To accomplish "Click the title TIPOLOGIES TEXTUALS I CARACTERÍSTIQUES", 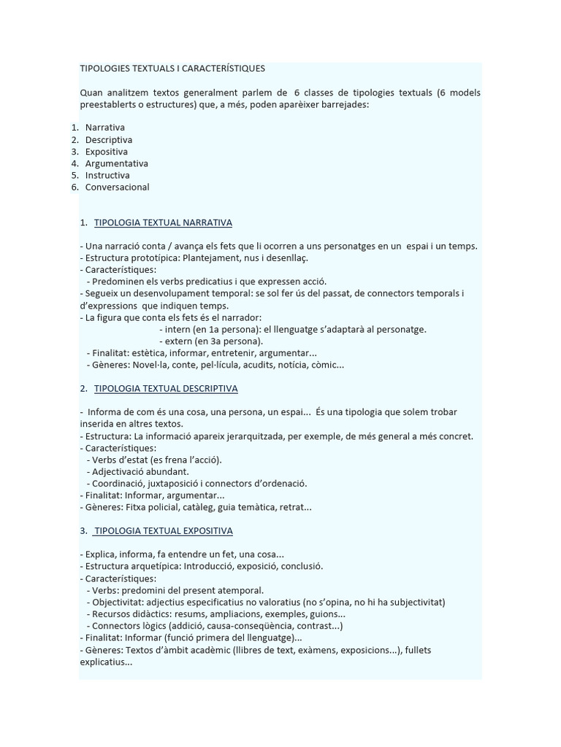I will pos(172,69).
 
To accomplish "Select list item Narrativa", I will pos(104,128).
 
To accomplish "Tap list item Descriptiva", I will pos(109,139).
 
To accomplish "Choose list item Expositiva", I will pos(107,152).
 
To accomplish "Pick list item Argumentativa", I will pos(116,163).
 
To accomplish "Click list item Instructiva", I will pos(107,175).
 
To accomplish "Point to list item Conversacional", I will pos(117,187).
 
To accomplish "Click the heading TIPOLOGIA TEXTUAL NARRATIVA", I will pos(163,222).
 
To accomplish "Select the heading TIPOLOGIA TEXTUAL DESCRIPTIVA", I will pos(166,389).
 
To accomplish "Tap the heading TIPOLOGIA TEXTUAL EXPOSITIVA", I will pos(164,530).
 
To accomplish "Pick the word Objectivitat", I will pos(118,602).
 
